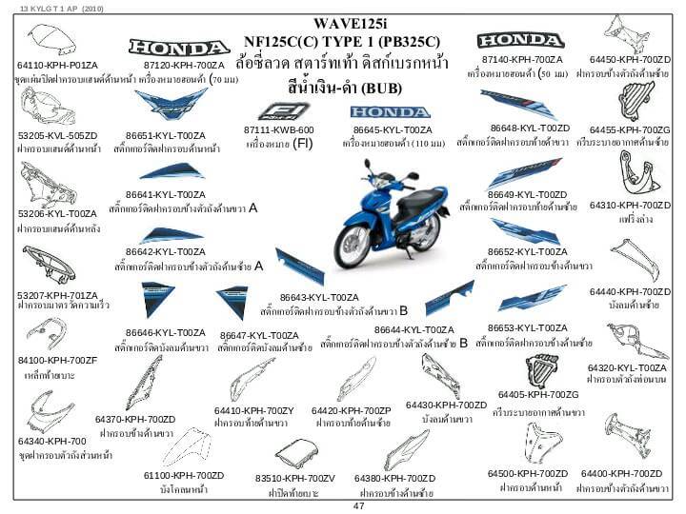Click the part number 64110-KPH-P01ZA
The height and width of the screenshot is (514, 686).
click(x=57, y=64)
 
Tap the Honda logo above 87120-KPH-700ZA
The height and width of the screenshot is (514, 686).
click(x=179, y=47)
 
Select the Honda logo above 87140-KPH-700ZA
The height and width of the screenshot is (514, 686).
click(x=520, y=40)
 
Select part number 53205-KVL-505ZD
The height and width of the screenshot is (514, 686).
click(x=57, y=135)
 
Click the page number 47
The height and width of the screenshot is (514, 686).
click(x=358, y=506)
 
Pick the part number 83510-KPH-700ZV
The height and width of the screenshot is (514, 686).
click(x=295, y=477)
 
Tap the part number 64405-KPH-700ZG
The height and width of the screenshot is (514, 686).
click(x=538, y=394)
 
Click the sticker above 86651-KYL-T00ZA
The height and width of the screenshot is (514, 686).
click(x=171, y=104)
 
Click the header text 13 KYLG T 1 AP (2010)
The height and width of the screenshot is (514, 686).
click(x=55, y=7)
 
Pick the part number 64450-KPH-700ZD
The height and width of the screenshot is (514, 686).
click(x=630, y=59)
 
